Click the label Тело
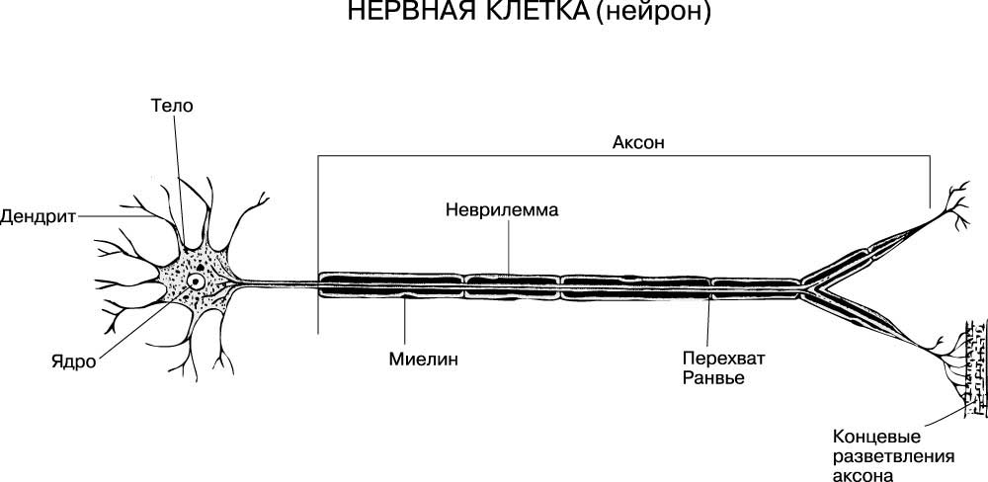click(172, 106)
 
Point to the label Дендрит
click(38, 216)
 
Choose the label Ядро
click(74, 362)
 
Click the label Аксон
click(638, 142)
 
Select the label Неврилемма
click(502, 209)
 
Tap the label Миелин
click(423, 360)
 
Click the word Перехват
click(723, 360)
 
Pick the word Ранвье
click(713, 378)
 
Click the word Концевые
click(876, 437)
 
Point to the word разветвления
click(893, 456)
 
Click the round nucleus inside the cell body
click(198, 281)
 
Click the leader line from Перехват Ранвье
click(708, 321)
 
